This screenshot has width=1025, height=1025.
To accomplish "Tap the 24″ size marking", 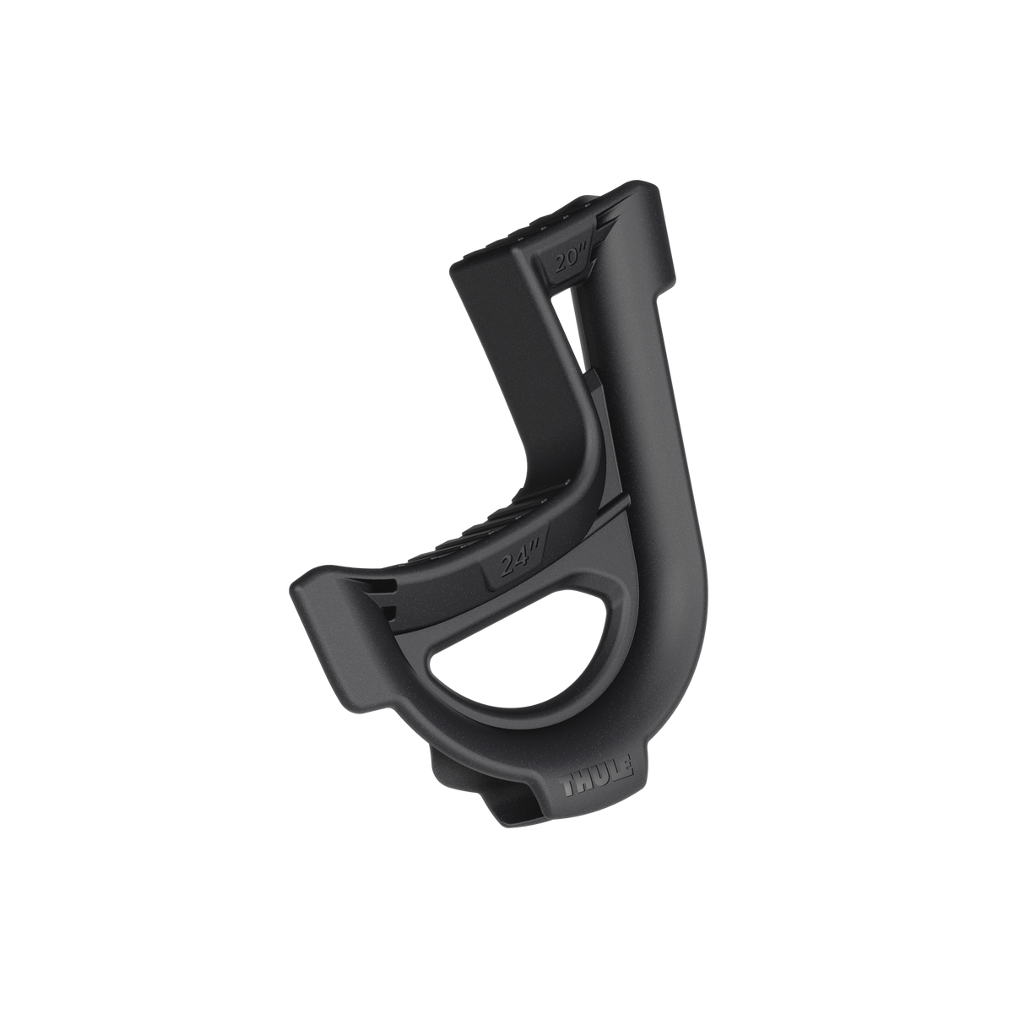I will [512, 564].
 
